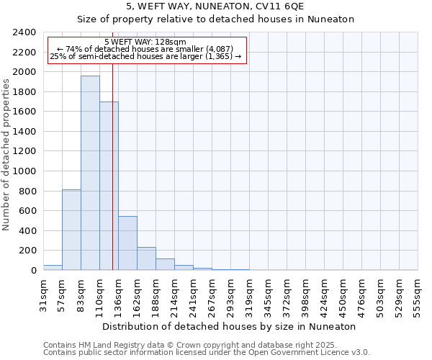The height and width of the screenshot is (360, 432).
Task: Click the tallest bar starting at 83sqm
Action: point(90,173)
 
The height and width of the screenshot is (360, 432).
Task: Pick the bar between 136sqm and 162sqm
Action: point(127,243)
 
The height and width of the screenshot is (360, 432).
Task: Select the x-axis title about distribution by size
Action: point(230,326)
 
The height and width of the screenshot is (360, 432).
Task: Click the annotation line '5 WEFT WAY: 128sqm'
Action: point(145,42)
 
